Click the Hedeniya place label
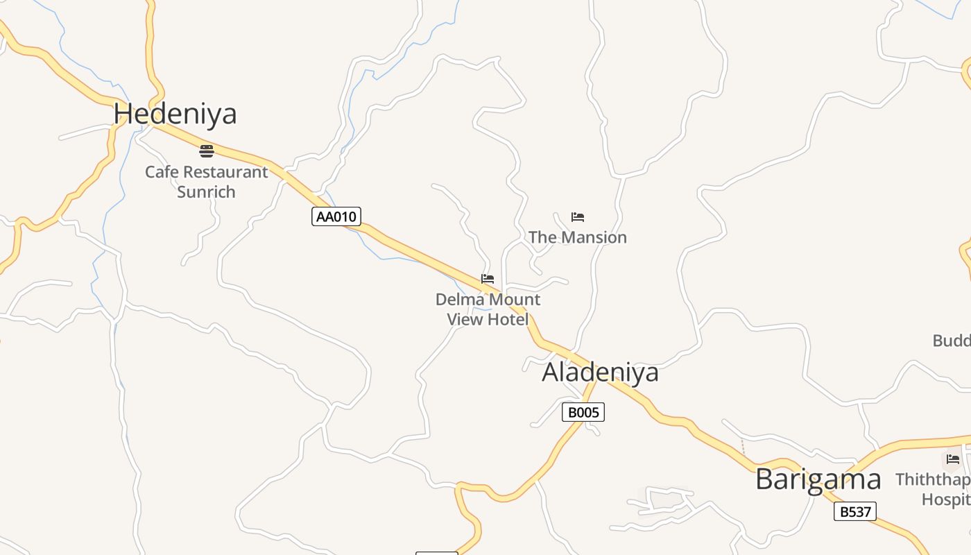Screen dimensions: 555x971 coord(175,114)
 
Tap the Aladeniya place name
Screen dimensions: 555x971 coord(600,373)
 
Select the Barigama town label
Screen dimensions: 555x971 coord(818,479)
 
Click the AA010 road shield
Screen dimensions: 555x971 coord(336,216)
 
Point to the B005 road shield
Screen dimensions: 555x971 coord(583,413)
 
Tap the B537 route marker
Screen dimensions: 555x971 coord(854,512)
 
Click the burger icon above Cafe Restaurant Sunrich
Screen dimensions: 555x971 coord(207,151)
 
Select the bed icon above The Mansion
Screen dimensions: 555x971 coord(578,217)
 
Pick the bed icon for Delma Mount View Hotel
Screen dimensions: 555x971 coord(488,280)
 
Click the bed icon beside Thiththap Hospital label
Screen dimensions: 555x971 coord(953,459)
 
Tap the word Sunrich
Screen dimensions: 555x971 coord(206,192)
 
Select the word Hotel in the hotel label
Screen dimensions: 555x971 coord(507,320)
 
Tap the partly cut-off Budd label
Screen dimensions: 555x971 coord(952,341)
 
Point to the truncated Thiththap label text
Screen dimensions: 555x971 coord(932,479)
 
